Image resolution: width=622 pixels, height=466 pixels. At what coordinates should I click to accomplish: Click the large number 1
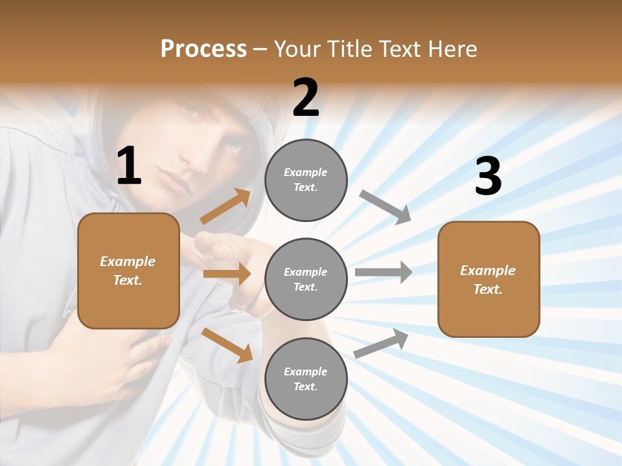129,166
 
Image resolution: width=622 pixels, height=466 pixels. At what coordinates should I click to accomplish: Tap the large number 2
306,98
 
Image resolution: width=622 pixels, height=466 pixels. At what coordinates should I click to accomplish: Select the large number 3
488,176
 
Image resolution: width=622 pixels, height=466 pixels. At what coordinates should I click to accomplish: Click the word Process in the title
203,49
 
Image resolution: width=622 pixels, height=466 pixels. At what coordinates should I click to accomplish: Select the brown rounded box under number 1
128,271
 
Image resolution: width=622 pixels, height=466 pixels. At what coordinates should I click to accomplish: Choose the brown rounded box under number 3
489,279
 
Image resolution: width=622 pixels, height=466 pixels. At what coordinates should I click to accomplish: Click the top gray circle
306,180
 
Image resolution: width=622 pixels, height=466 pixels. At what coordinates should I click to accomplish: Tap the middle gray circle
306,279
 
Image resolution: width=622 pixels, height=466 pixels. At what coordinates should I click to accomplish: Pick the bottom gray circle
306,379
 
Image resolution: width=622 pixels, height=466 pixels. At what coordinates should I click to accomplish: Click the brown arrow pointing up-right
225,206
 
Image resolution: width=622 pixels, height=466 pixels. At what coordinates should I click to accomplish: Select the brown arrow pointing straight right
227,274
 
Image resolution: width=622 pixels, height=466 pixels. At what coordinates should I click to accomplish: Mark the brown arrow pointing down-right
227,344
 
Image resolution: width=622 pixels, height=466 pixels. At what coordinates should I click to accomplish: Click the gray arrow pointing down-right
385,206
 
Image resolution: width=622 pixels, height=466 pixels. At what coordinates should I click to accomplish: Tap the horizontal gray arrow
384,272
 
